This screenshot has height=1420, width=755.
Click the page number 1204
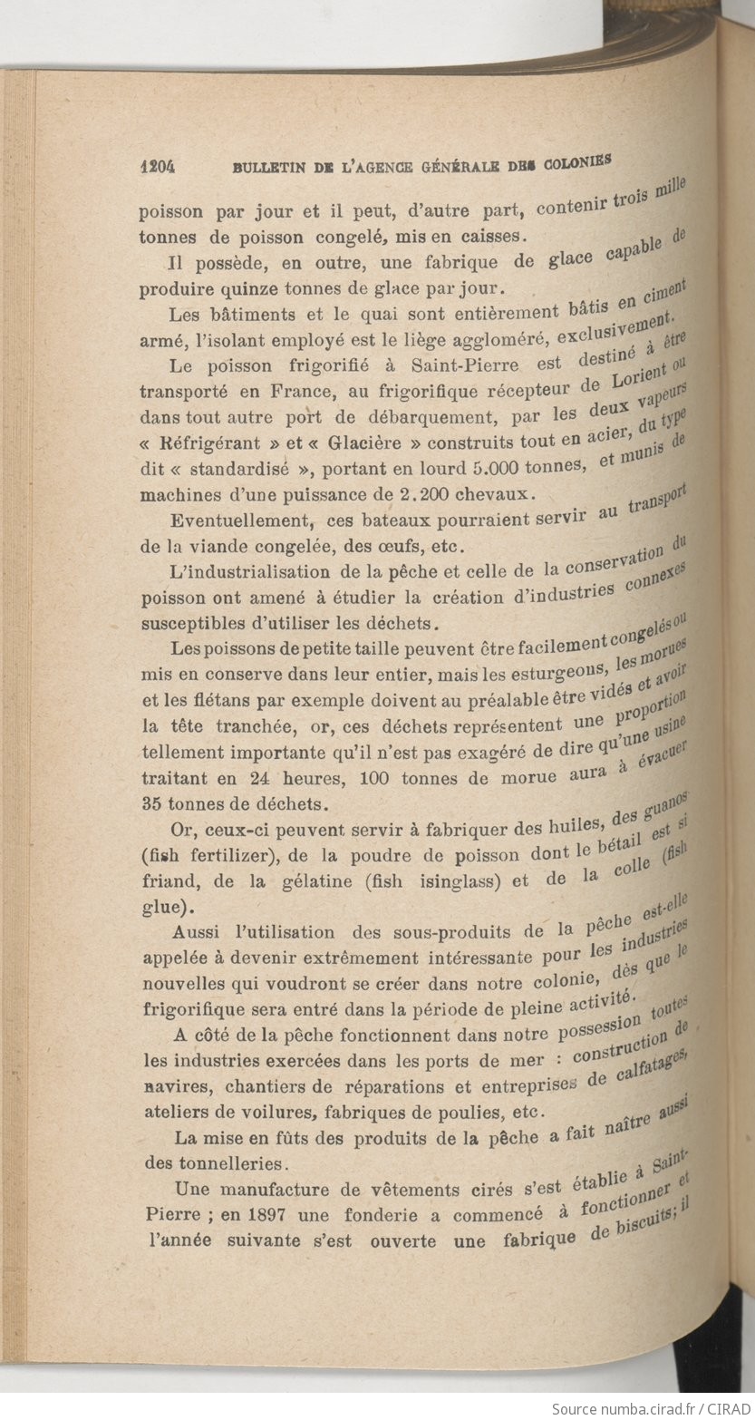coord(157,167)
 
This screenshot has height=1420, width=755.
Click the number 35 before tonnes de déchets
coord(150,804)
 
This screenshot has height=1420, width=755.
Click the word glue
coord(160,907)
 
